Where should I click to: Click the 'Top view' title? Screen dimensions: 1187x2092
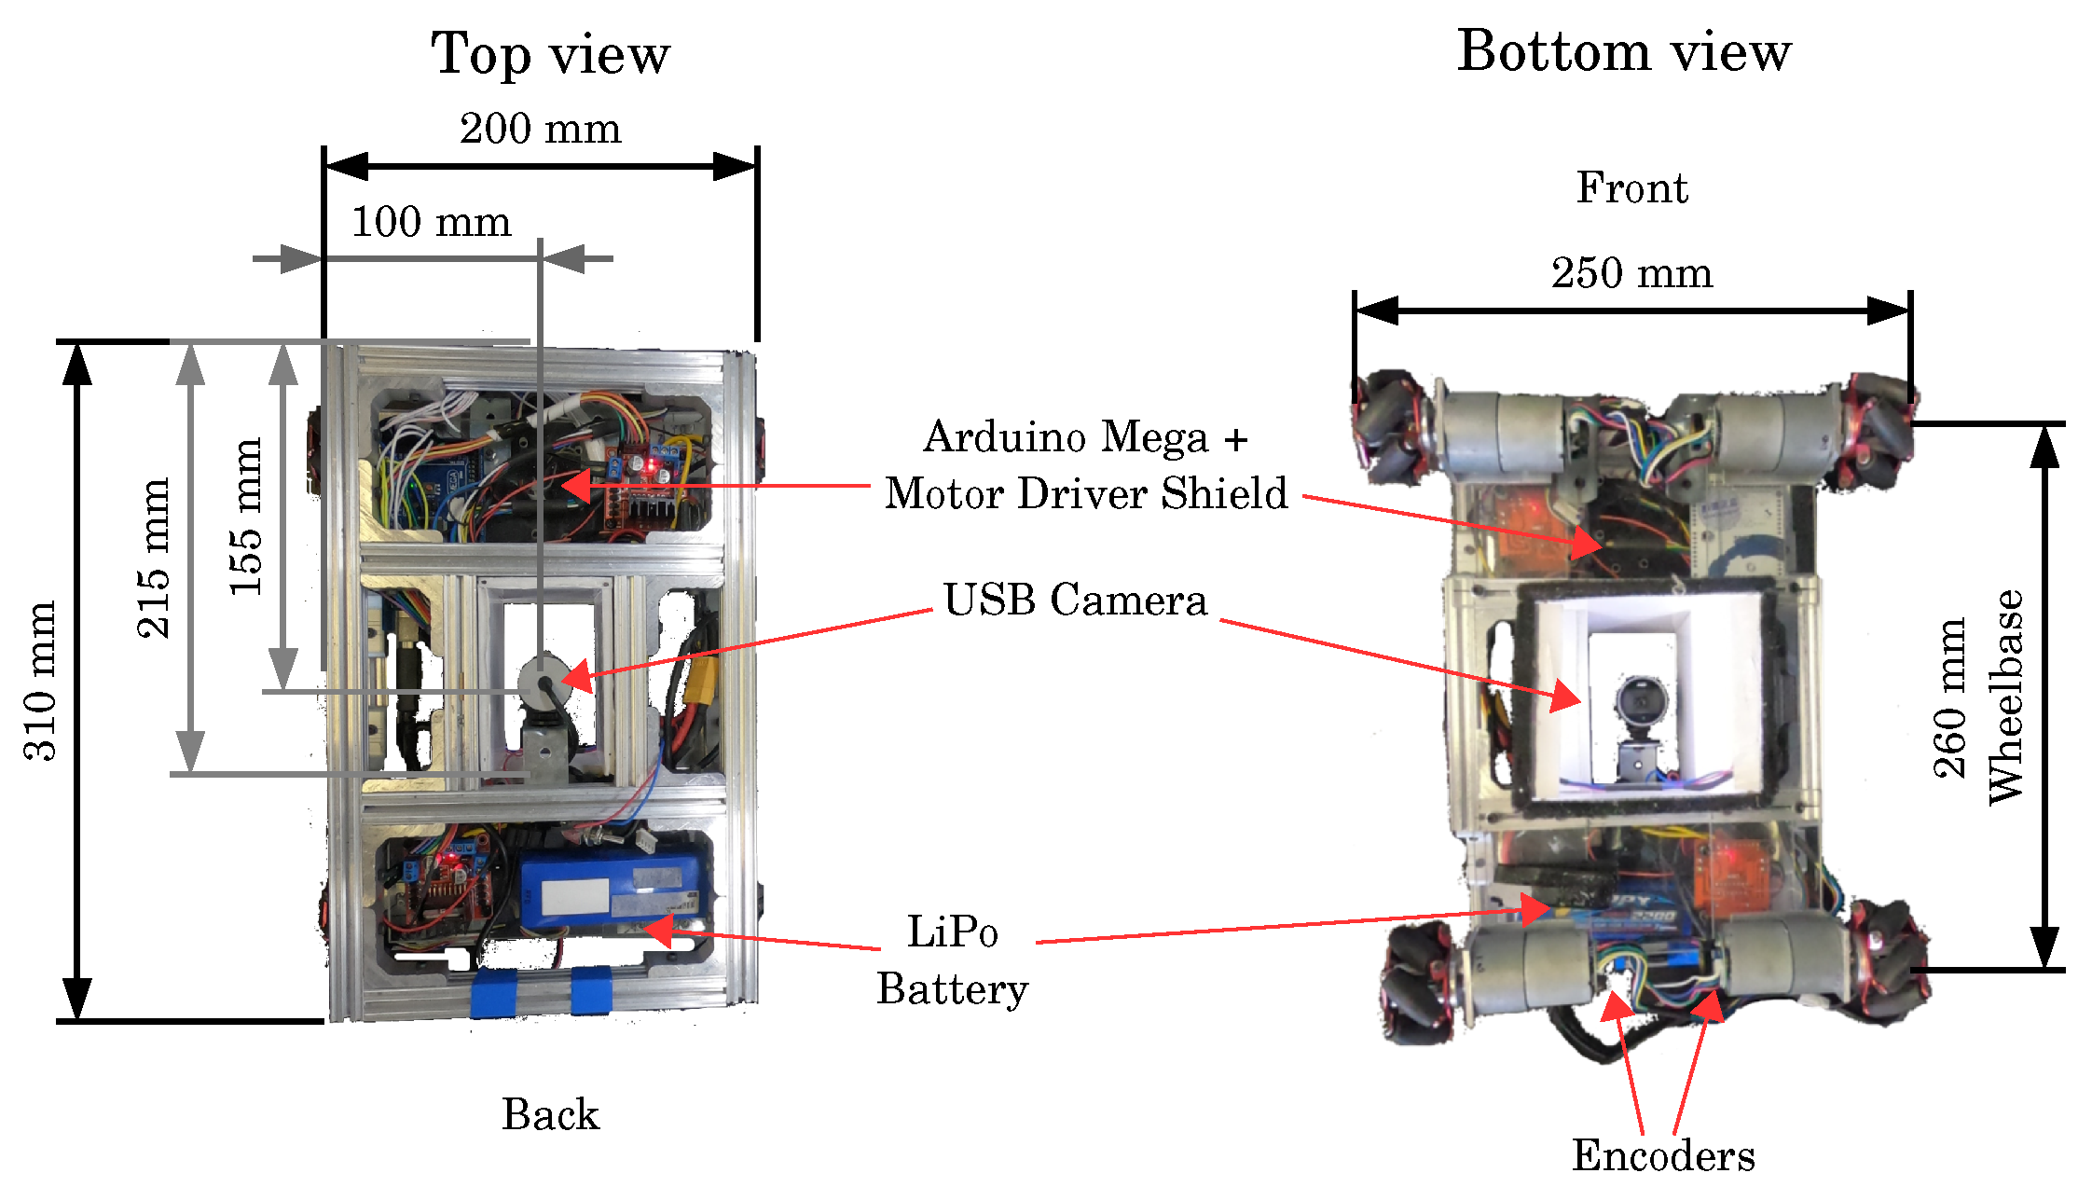(550, 54)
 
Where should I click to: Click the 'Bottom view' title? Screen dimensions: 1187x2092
(1623, 51)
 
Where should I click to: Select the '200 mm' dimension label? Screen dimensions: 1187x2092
(540, 129)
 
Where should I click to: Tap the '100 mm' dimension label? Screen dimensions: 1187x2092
(431, 222)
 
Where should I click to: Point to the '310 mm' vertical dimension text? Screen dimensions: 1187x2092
(40, 682)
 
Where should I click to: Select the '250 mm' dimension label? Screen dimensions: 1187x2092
(1631, 273)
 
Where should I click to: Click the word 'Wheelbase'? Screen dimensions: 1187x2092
(2005, 697)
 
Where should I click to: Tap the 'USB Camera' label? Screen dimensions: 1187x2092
(1075, 600)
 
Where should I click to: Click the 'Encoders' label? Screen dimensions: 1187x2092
(1663, 1156)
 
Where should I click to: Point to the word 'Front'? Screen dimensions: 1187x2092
(1631, 188)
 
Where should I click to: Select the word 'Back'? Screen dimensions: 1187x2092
(550, 1114)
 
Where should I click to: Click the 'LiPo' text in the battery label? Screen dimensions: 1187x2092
(952, 932)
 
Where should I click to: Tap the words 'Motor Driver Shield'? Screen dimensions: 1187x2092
(1086, 493)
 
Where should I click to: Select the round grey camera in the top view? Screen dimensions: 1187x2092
(541, 679)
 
